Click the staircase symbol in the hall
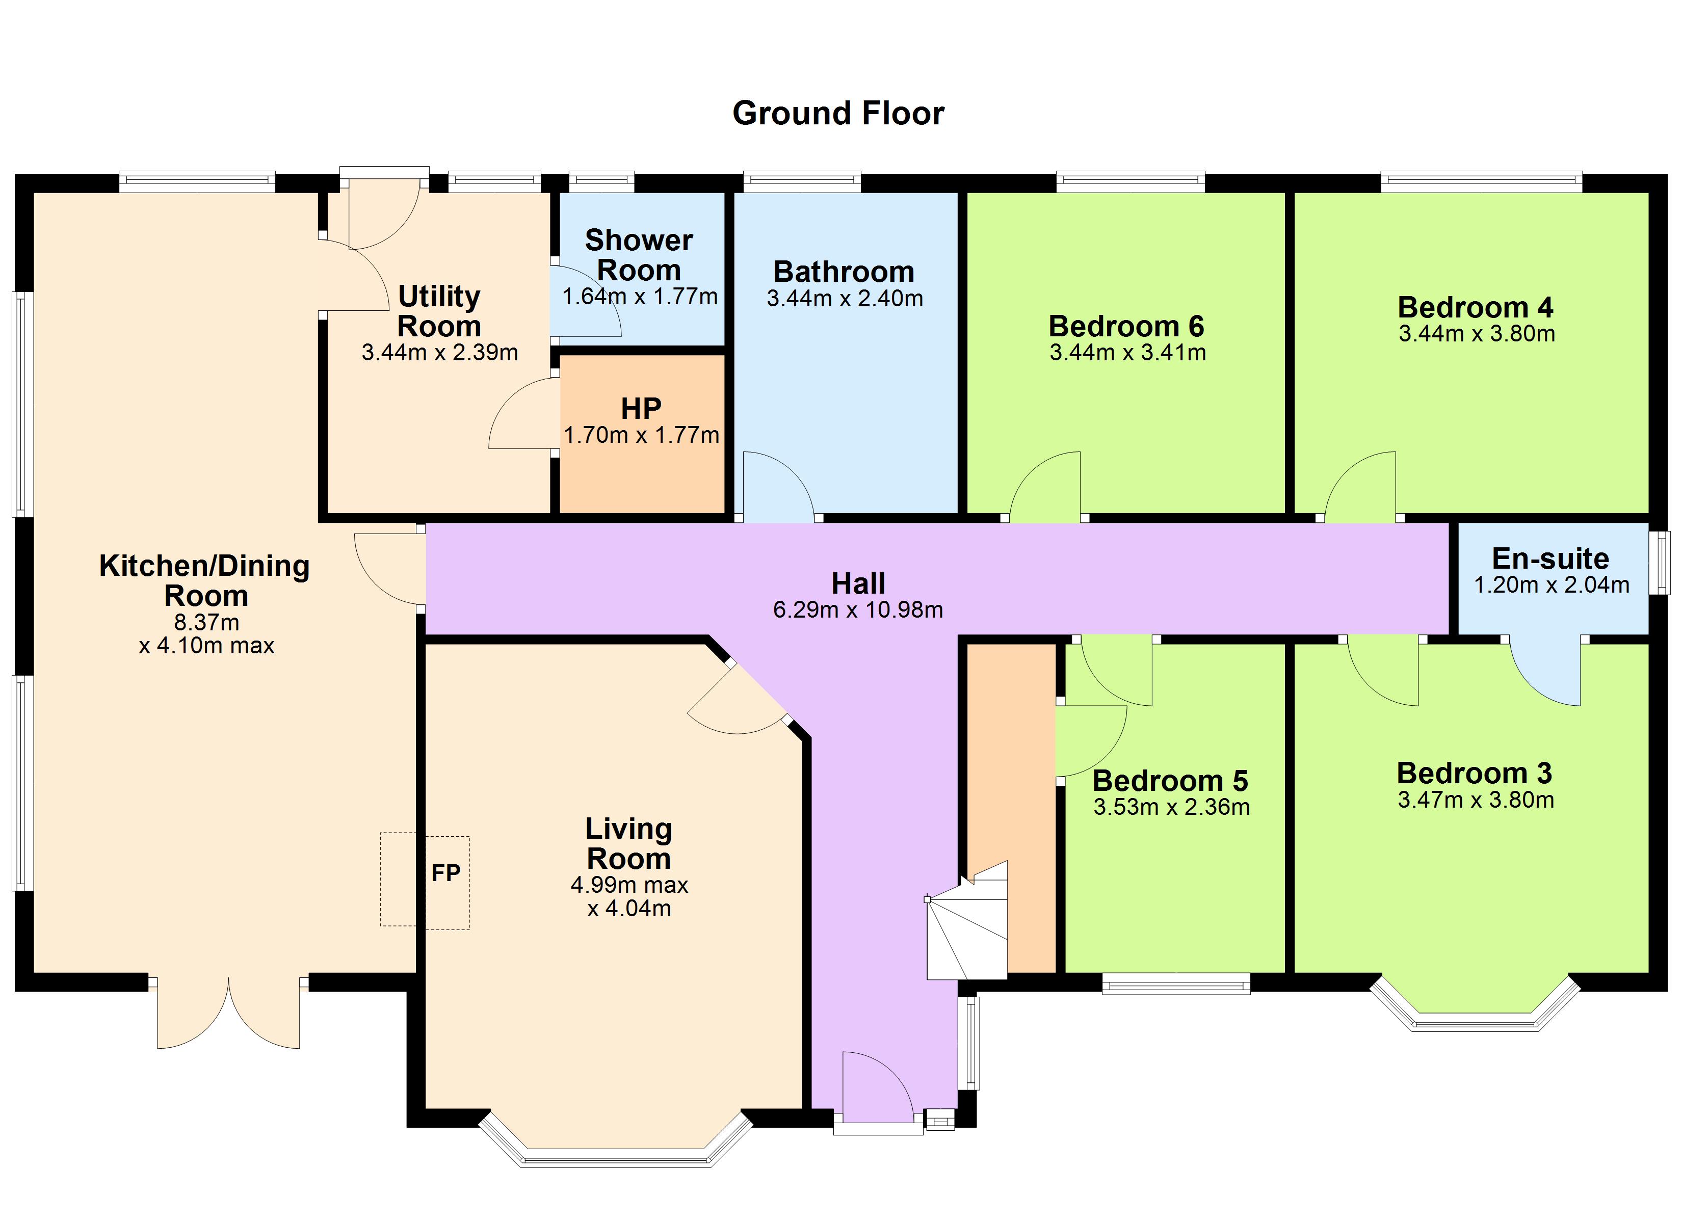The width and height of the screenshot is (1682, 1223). (x=966, y=920)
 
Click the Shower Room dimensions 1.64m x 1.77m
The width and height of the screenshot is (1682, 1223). (x=639, y=297)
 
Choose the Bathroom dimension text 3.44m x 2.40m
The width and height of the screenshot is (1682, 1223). (x=845, y=299)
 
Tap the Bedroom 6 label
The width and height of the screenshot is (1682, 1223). (x=1126, y=326)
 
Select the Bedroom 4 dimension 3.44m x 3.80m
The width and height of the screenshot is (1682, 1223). (x=1477, y=334)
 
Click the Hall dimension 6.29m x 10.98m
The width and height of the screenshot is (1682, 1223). (x=858, y=609)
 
